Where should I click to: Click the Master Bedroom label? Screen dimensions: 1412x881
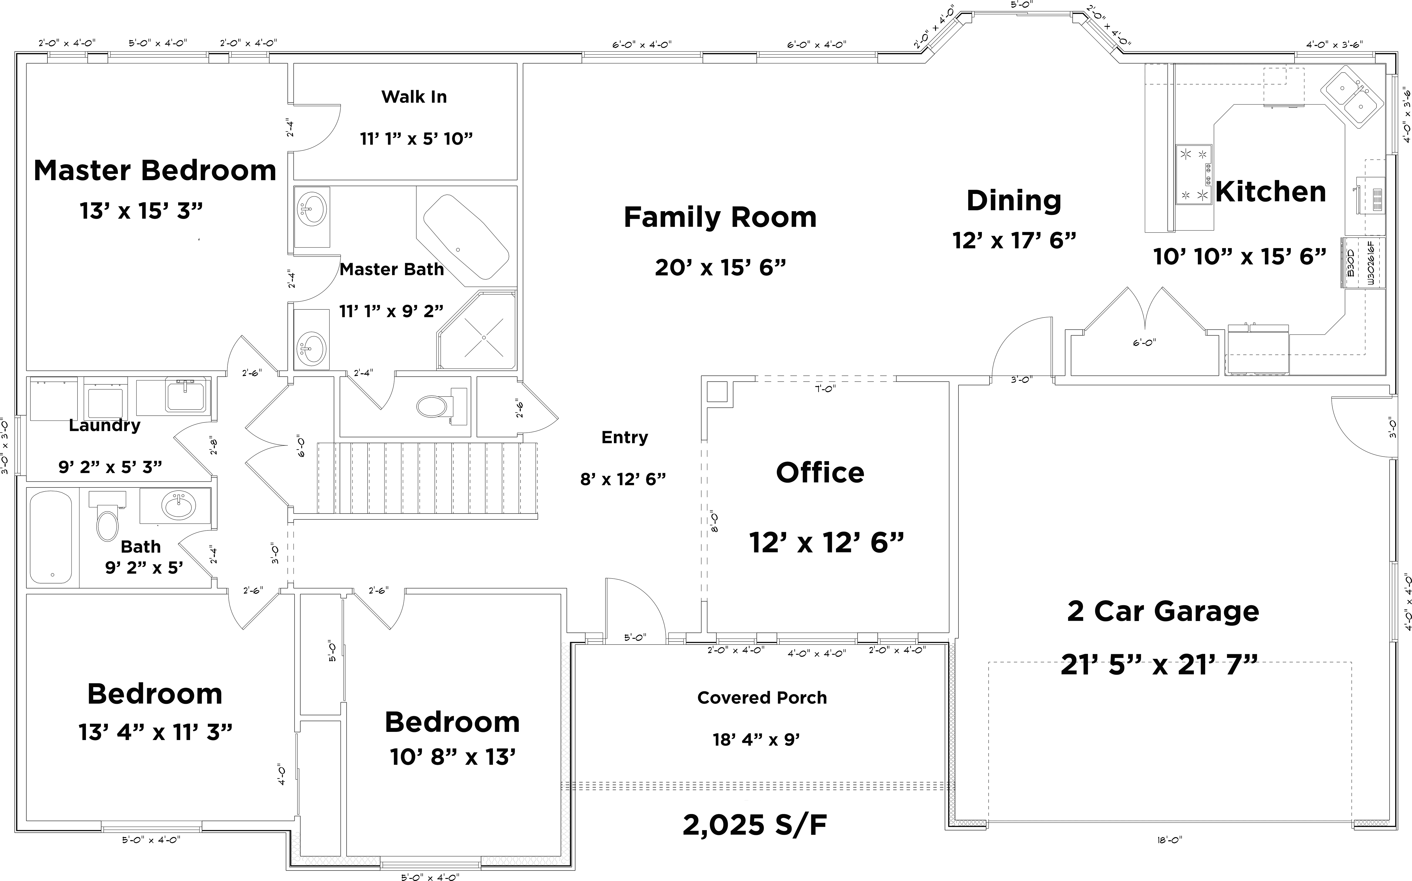point(155,171)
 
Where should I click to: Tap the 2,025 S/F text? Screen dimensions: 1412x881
point(755,825)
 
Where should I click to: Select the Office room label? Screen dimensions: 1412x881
point(820,473)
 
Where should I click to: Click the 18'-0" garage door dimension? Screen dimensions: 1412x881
point(1169,840)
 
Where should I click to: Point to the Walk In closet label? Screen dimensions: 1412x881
point(414,97)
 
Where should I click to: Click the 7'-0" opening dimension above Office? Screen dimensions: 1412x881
point(825,389)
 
